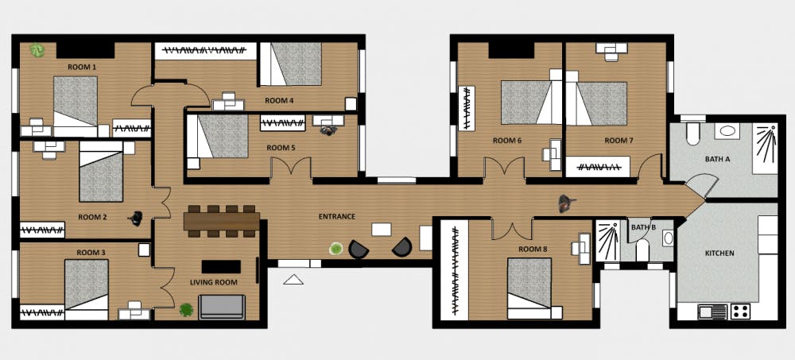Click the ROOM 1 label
(82, 67)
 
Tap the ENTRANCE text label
(336, 216)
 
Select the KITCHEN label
(719, 253)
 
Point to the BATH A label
(717, 159)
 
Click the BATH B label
(643, 227)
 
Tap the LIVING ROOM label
(213, 282)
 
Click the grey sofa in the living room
(222, 307)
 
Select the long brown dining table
(222, 221)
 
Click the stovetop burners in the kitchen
(739, 312)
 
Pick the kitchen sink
(712, 312)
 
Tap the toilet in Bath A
(692, 130)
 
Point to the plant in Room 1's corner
(37, 50)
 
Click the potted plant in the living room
(186, 310)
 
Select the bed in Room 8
(529, 288)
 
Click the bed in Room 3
(86, 289)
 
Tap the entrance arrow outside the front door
(293, 279)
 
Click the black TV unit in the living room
(221, 267)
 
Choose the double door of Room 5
(290, 168)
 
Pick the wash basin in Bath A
(727, 131)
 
